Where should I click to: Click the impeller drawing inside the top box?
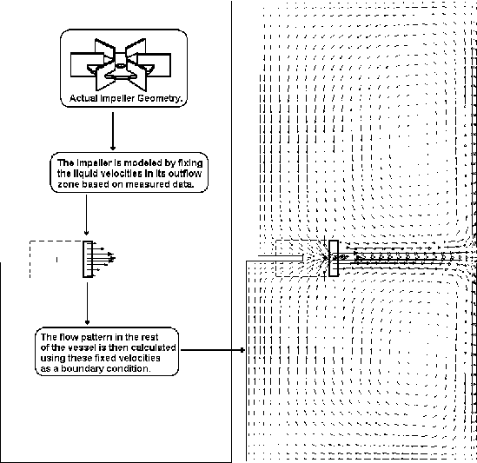(114, 62)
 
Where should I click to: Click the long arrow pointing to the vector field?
(213, 351)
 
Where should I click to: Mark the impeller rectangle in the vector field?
(333, 259)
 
